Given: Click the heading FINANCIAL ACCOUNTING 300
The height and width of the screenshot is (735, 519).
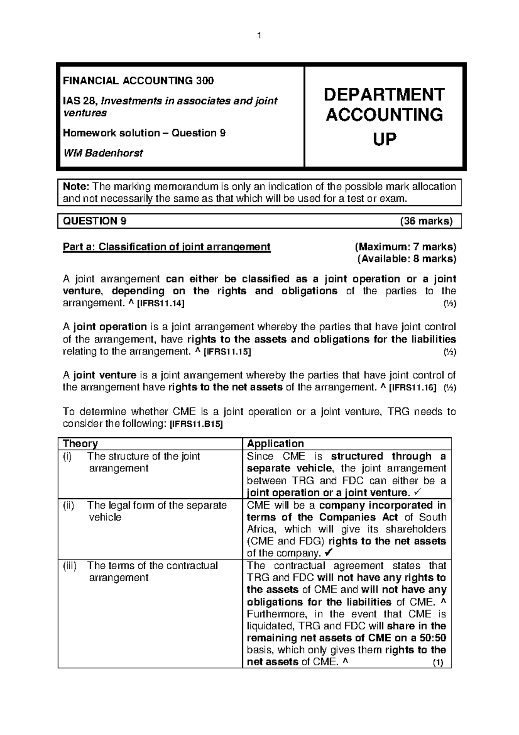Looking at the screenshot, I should point(138,81).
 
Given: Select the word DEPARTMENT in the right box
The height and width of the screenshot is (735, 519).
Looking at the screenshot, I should point(384,94).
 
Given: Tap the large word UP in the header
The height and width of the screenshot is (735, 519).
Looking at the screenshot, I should point(384,139).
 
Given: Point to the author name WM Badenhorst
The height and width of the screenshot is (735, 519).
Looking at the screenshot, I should point(103,153).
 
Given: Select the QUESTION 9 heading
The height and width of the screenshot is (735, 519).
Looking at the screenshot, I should point(95,221).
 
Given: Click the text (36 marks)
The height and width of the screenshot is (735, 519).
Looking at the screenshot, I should point(426,221).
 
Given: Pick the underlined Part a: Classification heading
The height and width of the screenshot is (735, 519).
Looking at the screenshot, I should point(167,247).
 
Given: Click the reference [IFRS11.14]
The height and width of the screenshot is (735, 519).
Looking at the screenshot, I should point(160,303).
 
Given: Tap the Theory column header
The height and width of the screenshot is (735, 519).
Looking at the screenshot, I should point(80,444).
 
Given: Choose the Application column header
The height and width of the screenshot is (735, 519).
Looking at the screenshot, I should point(275,444).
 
